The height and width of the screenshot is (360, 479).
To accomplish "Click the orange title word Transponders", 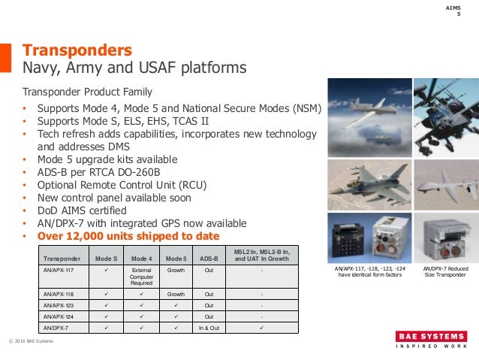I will [x=77, y=50].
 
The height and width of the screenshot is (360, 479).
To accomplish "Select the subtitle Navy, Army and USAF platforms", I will [x=134, y=69].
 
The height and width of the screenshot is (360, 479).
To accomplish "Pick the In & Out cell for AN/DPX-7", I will [x=209, y=328].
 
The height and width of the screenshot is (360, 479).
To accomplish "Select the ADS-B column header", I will [x=209, y=257].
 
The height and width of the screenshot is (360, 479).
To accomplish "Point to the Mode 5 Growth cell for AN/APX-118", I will [x=176, y=295].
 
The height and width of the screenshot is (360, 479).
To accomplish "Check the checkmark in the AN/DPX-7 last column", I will [x=261, y=328].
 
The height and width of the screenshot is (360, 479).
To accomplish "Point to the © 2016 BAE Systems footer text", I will [x=31, y=342].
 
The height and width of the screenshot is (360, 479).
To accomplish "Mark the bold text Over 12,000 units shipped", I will [x=127, y=235].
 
